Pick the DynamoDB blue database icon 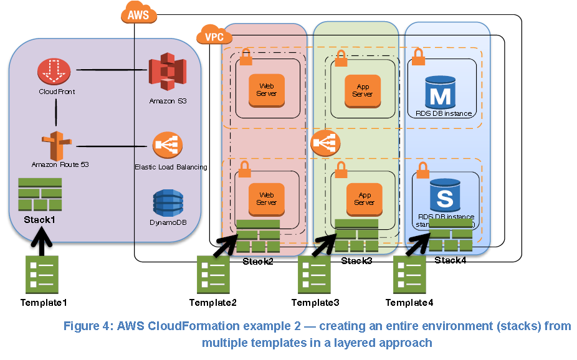[x=168, y=204]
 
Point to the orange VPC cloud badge [x=214, y=37]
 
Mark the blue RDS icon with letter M [x=441, y=92]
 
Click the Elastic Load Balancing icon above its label [x=168, y=146]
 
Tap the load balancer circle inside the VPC [x=325, y=144]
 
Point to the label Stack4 [x=449, y=260]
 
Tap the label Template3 [x=315, y=303]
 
